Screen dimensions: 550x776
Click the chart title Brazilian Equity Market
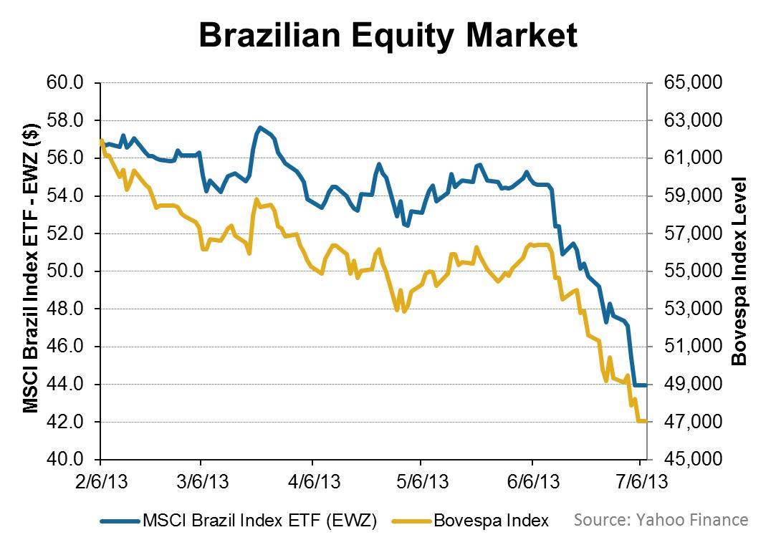(388, 35)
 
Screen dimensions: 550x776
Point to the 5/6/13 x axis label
(421, 482)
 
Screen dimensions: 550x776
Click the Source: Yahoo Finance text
(661, 520)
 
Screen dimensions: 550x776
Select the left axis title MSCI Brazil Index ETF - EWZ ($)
(30, 271)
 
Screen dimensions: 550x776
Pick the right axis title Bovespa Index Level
(739, 271)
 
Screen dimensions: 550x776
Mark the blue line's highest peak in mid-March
(260, 127)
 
